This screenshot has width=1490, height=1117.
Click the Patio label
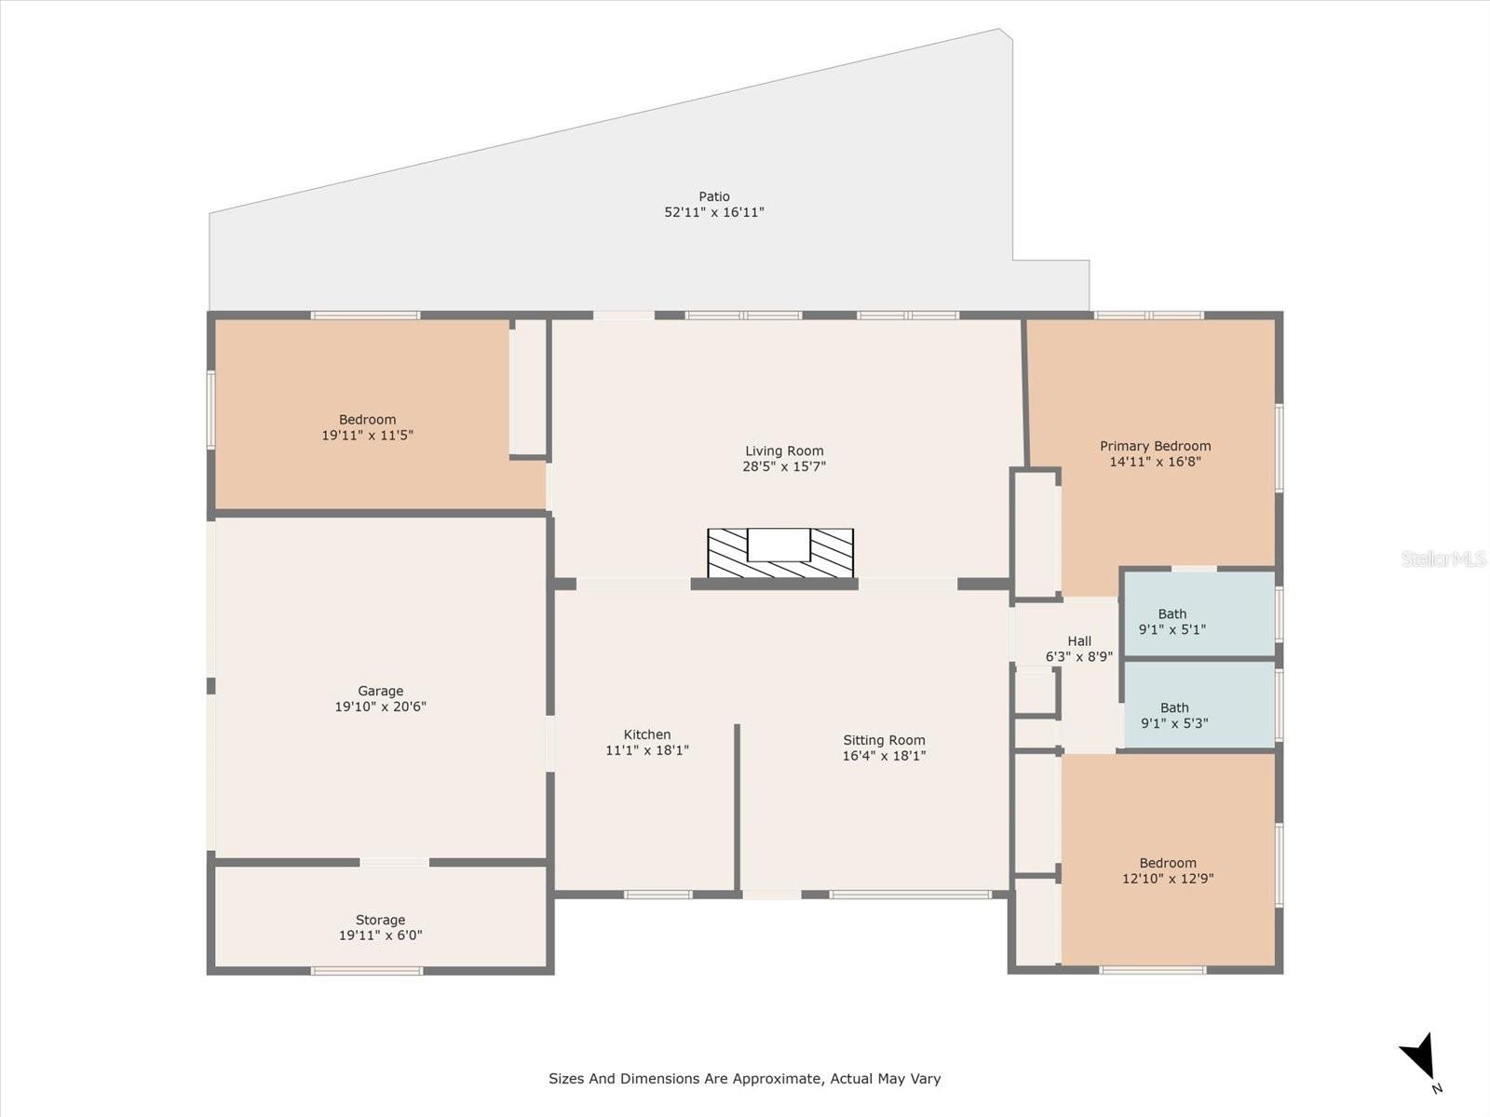pyautogui.click(x=714, y=196)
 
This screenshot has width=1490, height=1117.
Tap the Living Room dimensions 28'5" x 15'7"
pyautogui.click(x=784, y=466)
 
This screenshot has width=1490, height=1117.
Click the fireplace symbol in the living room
pyautogui.click(x=780, y=553)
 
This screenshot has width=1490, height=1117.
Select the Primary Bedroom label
pyautogui.click(x=1155, y=446)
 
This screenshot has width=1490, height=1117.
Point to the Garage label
pyautogui.click(x=380, y=691)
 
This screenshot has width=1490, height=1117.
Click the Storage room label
pyautogui.click(x=380, y=920)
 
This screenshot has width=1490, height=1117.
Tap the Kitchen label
pyautogui.click(x=647, y=734)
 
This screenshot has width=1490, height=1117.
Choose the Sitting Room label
pyautogui.click(x=884, y=740)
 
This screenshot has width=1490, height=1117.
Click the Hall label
pyautogui.click(x=1079, y=640)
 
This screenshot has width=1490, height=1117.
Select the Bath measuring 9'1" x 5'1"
pyautogui.click(x=1172, y=621)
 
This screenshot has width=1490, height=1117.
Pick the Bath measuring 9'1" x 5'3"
pyautogui.click(x=1174, y=715)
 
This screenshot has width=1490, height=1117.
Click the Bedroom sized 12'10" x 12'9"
pyautogui.click(x=1168, y=870)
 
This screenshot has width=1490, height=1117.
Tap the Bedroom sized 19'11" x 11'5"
pyautogui.click(x=367, y=427)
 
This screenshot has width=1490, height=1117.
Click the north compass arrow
pyautogui.click(x=1419, y=1057)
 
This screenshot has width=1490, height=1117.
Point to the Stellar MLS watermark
pyautogui.click(x=1443, y=558)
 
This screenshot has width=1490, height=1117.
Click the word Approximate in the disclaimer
pyautogui.click(x=776, y=1079)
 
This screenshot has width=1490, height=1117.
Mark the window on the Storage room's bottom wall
pyautogui.click(x=367, y=971)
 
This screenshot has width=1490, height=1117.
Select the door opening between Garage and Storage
pyautogui.click(x=395, y=863)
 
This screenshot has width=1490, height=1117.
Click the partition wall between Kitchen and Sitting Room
pyautogui.click(x=737, y=806)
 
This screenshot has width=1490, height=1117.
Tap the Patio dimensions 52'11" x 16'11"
pyautogui.click(x=714, y=212)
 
